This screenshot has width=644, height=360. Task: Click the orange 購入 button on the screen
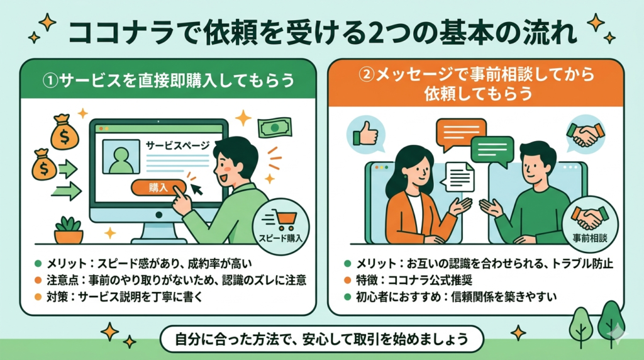tap(158, 188)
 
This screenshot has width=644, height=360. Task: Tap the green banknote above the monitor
tap(275, 127)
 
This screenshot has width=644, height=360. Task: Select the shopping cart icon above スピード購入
tap(282, 220)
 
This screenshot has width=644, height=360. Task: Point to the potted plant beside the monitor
tap(69, 230)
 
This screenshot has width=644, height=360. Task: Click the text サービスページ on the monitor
tap(178, 145)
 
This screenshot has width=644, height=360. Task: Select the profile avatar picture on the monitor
tap(121, 157)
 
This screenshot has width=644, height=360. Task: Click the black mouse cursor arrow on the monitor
tap(197, 189)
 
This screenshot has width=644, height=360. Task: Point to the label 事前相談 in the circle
tap(590, 238)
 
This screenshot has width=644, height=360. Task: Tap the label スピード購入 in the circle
tap(281, 238)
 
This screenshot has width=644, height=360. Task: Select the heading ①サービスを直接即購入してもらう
tap(169, 80)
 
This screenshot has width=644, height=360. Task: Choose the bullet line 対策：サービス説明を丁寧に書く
tap(125, 296)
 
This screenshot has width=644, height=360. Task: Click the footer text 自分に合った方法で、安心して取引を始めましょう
tap(321, 339)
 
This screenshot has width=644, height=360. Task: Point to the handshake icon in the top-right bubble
tap(586, 135)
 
